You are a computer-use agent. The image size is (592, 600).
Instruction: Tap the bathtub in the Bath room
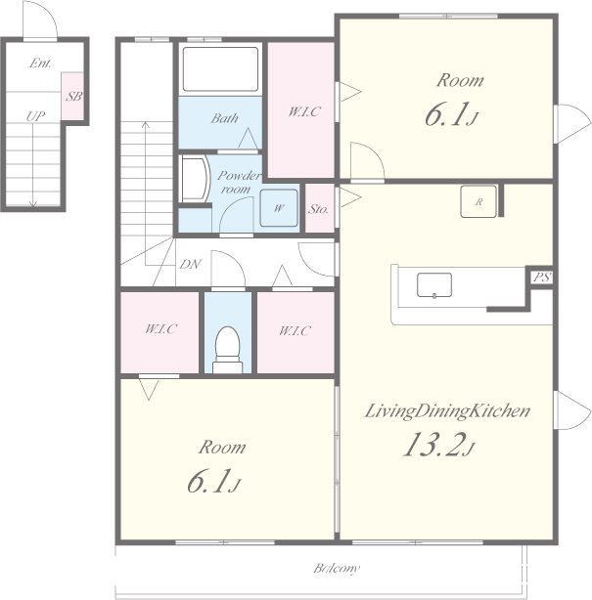pos(220,69)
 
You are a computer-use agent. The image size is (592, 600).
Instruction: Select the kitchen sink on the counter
pos(434,285)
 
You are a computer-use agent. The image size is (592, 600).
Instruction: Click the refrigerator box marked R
pos(478,201)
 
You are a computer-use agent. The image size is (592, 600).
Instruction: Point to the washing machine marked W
pos(279,208)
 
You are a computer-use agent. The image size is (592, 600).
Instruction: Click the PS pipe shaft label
pos(542,278)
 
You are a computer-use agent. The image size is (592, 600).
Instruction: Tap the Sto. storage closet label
pos(319,209)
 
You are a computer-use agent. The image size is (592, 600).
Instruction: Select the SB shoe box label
pos(74,96)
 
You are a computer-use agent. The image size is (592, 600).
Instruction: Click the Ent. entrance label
pos(40,64)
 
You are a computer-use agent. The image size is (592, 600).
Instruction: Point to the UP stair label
pos(35,116)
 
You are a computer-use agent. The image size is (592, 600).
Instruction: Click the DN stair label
pos(190,264)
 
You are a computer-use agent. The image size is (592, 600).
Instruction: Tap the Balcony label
pos(337,568)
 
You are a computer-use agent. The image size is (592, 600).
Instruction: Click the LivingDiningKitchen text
pos(447,411)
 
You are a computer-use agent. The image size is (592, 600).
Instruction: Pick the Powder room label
pos(239,182)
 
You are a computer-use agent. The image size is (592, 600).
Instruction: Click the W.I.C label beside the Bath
pos(304,111)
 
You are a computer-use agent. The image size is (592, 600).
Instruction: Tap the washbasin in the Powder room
pos(195,179)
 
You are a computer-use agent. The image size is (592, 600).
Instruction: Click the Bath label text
pos(224,118)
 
